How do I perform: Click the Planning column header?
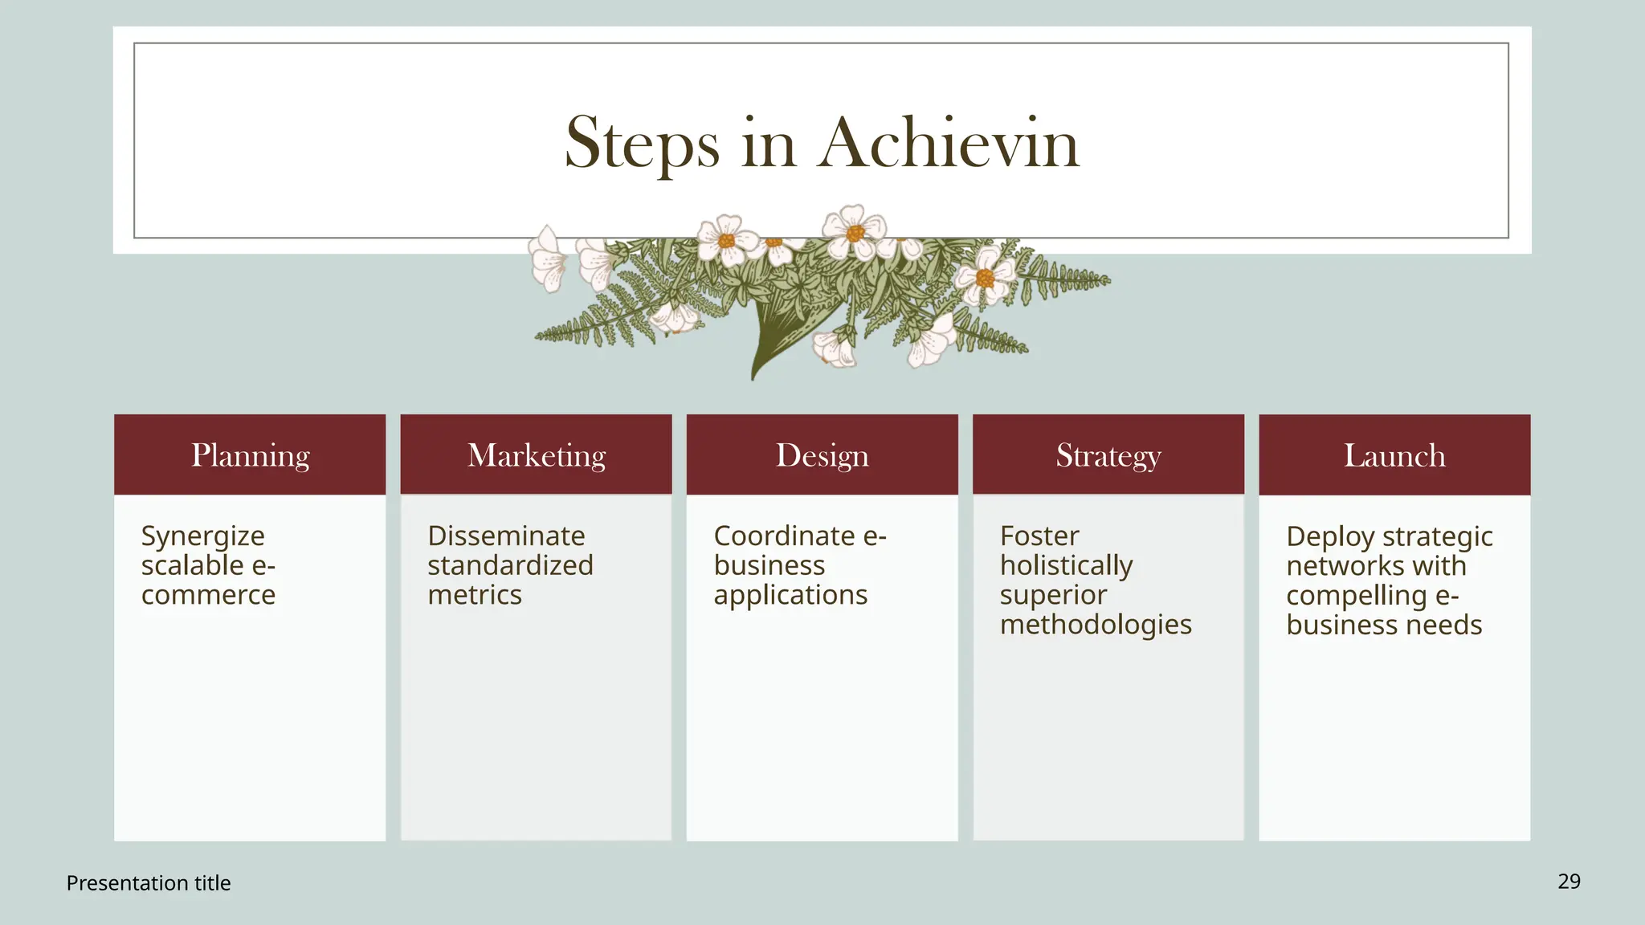pos(250,455)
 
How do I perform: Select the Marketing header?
pos(537,455)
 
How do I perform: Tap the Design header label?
pos(822,455)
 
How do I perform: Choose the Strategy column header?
pos(1108,455)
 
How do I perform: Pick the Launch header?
pos(1394,455)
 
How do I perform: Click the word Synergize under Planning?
pos(203,536)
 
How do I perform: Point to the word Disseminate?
pos(506,536)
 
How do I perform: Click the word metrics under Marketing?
pos(475,595)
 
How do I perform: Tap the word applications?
pos(790,595)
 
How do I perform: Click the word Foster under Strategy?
pos(1039,536)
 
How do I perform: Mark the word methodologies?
pos(1096,625)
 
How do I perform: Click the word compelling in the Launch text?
pos(1357,596)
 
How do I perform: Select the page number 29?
pos(1569,882)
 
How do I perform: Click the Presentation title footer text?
pos(149,883)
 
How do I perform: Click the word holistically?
pos(1066,566)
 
